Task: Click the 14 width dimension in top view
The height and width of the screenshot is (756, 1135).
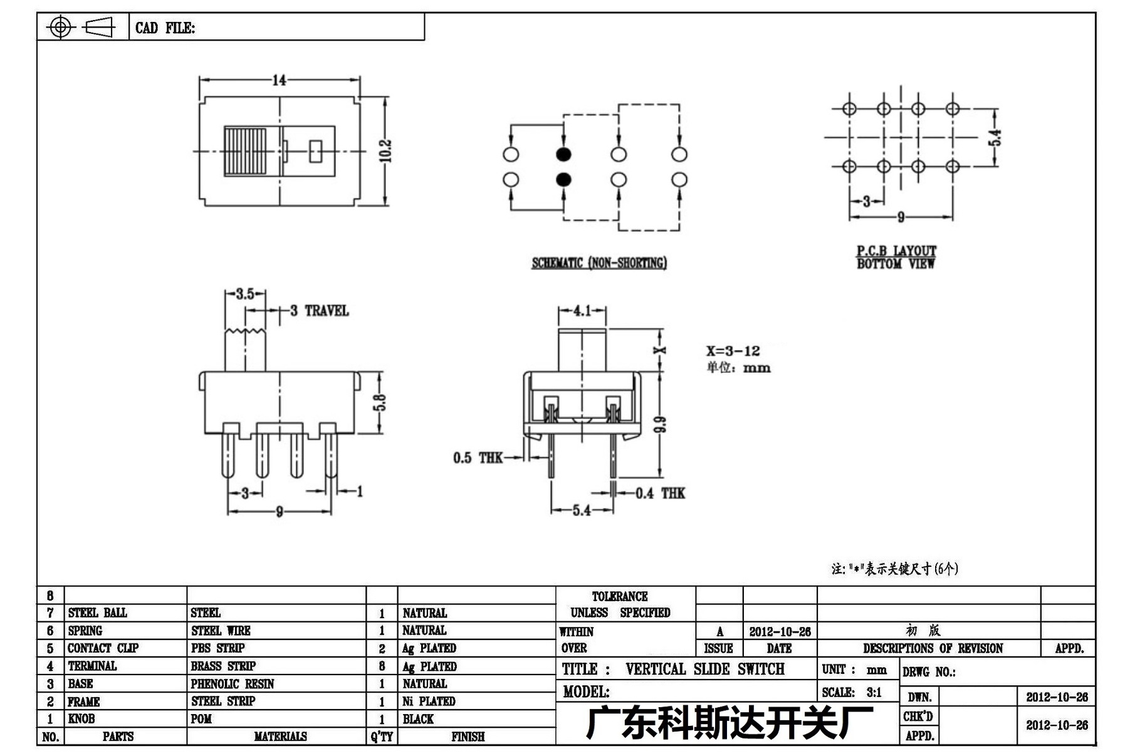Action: click(x=279, y=80)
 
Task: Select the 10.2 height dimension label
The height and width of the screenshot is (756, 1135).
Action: click(x=385, y=151)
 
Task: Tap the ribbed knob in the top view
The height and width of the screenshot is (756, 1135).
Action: click(x=245, y=152)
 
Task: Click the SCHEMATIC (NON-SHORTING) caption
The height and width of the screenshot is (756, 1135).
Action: click(x=599, y=263)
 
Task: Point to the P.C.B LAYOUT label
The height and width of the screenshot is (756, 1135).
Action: click(x=896, y=251)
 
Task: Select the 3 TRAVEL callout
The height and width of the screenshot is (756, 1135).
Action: click(x=319, y=311)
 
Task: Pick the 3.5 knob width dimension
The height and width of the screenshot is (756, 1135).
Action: click(x=245, y=294)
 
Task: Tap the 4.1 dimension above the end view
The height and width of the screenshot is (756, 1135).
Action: click(x=582, y=311)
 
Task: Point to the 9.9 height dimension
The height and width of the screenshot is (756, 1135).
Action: click(x=660, y=424)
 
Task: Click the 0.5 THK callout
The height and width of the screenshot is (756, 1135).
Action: click(x=478, y=458)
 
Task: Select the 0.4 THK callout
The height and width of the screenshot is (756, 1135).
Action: click(x=661, y=494)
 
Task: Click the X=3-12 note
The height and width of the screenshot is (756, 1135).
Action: click(x=733, y=351)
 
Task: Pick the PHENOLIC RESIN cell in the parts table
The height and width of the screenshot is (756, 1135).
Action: click(x=233, y=684)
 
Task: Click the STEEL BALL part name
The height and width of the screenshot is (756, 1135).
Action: click(x=97, y=613)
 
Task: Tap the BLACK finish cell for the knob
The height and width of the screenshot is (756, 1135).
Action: click(x=418, y=719)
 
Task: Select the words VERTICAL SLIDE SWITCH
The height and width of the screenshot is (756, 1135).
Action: click(x=704, y=669)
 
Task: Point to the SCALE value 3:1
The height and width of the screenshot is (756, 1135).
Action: click(x=874, y=692)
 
